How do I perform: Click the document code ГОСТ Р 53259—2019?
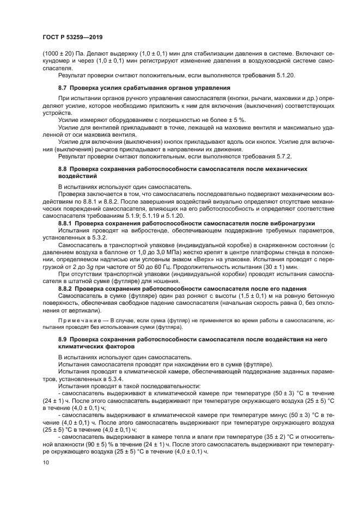72,38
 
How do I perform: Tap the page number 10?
46,463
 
